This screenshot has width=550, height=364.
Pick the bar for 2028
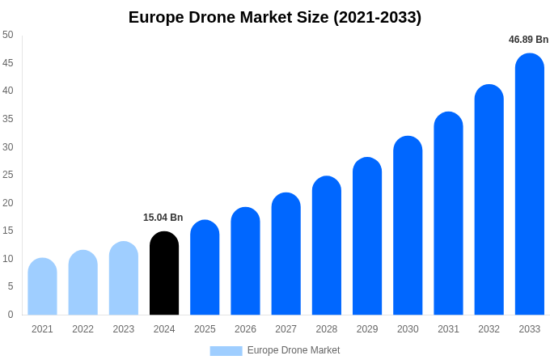pos(327,246)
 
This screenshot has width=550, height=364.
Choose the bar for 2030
pos(408,226)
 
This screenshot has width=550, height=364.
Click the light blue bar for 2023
pos(124,278)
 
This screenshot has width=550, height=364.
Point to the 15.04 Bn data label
pos(163,218)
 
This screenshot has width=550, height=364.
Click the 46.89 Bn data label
pos(528,40)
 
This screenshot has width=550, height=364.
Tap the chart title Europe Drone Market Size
pos(275,17)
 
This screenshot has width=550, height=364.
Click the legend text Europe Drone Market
pos(294,350)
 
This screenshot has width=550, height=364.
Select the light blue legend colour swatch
pos(226,350)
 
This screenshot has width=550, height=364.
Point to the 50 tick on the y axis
pos(8,35)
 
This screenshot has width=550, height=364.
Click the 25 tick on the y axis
pos(8,175)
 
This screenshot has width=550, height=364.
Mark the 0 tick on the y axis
pos(11,315)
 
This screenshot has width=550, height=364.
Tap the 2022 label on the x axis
pos(82,329)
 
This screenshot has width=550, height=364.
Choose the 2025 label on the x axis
pos(205,329)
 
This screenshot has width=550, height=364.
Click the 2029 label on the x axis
pos(367,329)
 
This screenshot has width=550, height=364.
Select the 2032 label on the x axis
pos(489,329)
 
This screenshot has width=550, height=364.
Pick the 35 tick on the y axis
pos(8,119)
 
